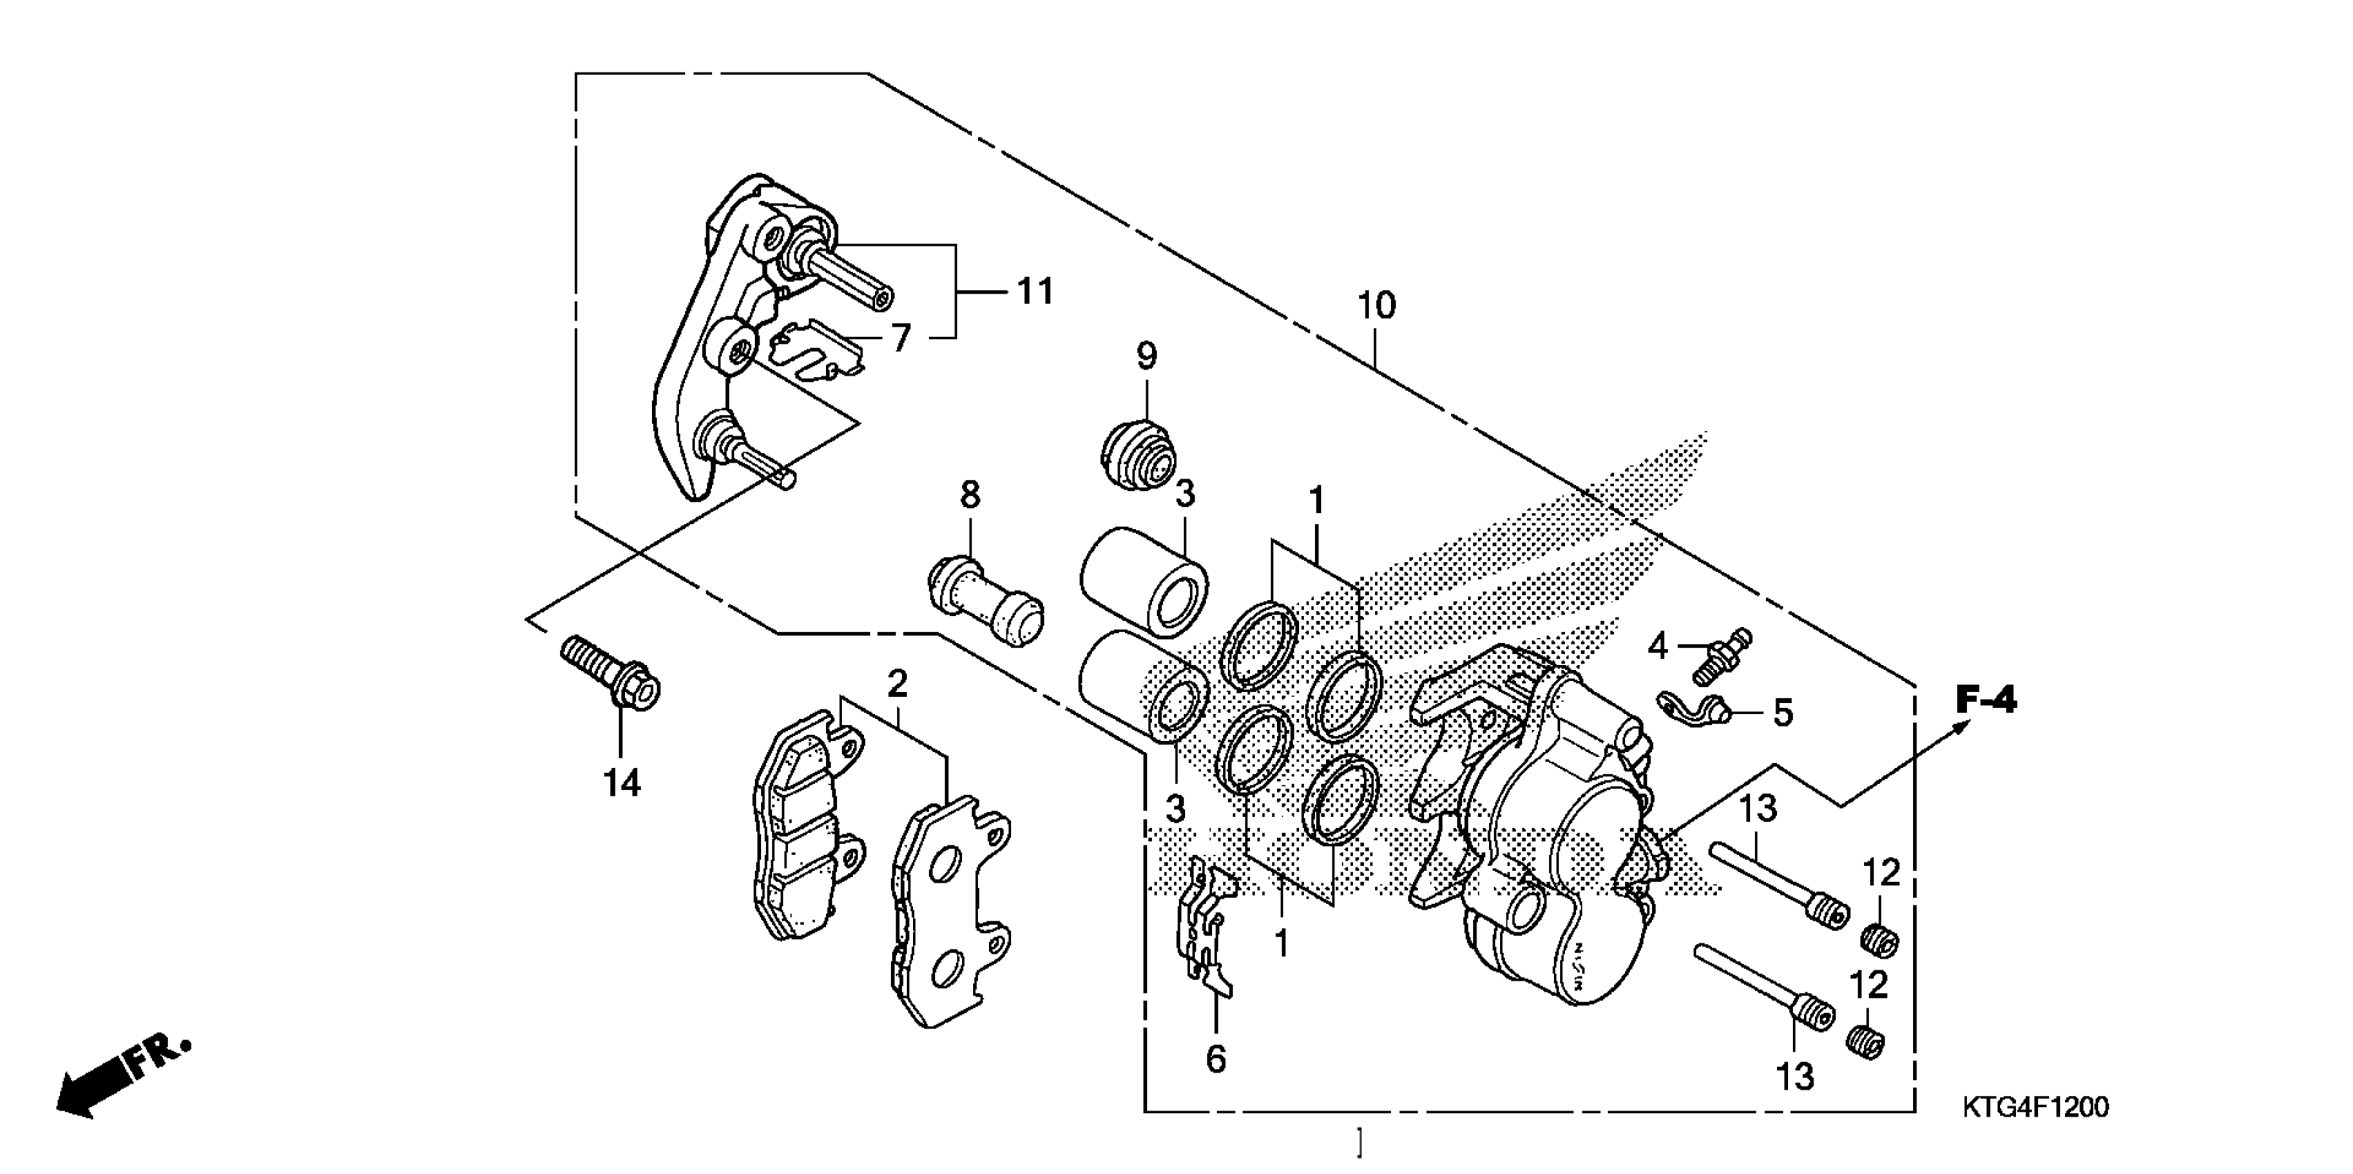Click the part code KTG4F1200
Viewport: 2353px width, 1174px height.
click(x=2036, y=1107)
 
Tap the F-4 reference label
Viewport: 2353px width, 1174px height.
click(x=1986, y=701)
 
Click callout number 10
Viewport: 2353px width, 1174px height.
click(x=1376, y=305)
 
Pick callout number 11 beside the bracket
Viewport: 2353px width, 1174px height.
click(x=1035, y=291)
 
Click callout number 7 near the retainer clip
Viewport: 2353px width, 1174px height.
click(x=901, y=338)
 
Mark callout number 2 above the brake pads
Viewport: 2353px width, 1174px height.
click(x=897, y=684)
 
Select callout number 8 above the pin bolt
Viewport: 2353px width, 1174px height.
click(x=970, y=495)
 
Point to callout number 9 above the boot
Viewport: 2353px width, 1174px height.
click(x=1146, y=356)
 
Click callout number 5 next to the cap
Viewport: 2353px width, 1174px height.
click(x=1783, y=713)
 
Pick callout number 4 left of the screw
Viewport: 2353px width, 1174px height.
click(x=1657, y=647)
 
